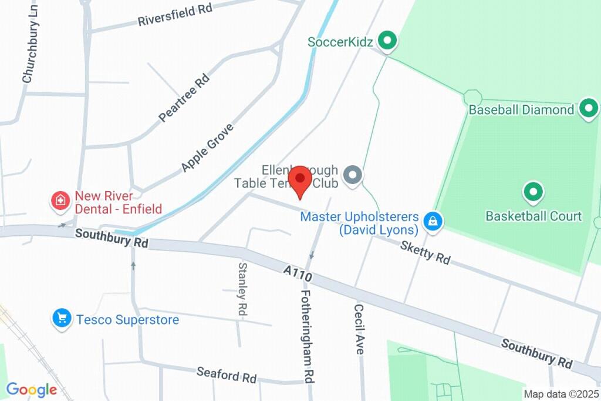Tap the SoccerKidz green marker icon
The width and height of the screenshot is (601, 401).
[x=386, y=41]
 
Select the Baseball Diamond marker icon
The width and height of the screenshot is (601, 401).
[x=588, y=109]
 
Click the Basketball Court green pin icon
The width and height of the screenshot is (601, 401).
[x=533, y=191]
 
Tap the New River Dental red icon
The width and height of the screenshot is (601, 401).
[x=60, y=202]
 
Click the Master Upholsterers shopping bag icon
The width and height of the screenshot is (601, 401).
[x=433, y=222]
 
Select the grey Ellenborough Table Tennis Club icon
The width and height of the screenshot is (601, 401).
[x=352, y=175]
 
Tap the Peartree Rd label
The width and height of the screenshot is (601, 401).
[x=184, y=98]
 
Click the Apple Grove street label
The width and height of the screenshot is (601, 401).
[x=207, y=148]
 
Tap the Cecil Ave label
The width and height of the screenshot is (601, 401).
[x=359, y=328]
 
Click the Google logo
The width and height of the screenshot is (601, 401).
[x=32, y=390]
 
